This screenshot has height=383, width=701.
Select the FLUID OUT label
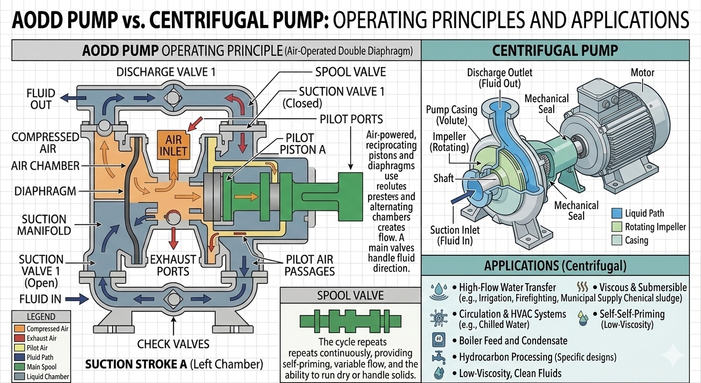pyautogui.click(x=41, y=99)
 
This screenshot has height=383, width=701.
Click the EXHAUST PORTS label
pyautogui.click(x=173, y=266)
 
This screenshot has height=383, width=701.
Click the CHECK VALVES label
pyautogui.click(x=173, y=344)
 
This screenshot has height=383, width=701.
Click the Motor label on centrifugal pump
pyautogui.click(x=643, y=73)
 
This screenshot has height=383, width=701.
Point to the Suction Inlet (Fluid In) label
pyautogui.click(x=455, y=235)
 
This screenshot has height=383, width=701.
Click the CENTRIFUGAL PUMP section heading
pyautogui.click(x=555, y=50)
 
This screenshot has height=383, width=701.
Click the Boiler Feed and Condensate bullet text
pyautogui.click(x=509, y=341)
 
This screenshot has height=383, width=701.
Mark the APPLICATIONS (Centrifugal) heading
pyautogui.click(x=555, y=265)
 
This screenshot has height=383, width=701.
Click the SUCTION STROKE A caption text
pyautogui.click(x=174, y=364)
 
